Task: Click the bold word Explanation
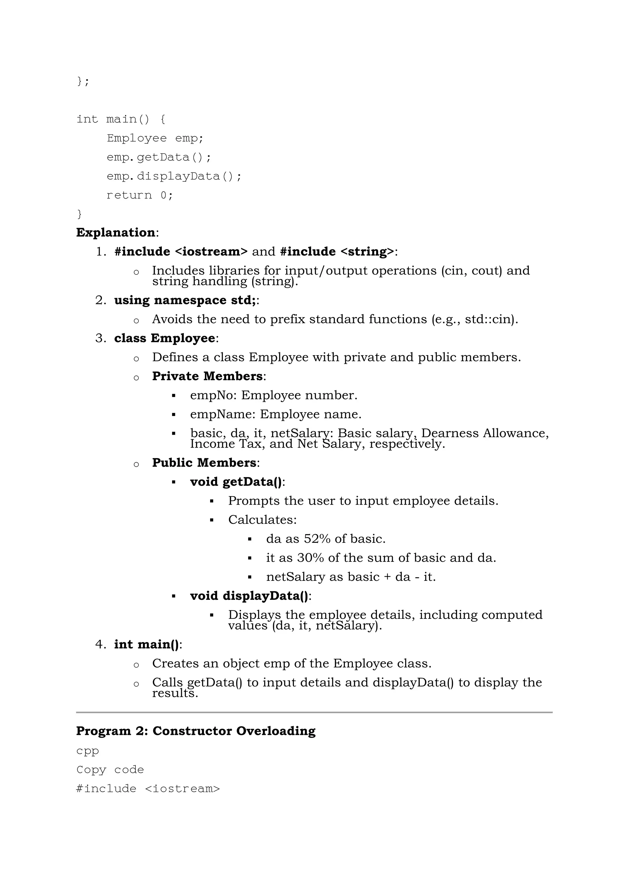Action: tap(116, 232)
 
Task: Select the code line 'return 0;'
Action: tap(139, 195)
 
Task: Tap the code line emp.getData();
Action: tap(159, 157)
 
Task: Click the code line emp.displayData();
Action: tap(174, 176)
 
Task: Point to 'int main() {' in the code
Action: tap(121, 119)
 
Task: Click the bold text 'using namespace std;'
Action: tap(185, 300)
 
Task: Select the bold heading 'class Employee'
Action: tap(165, 338)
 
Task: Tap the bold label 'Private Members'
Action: tap(207, 376)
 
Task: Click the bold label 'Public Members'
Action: tap(204, 462)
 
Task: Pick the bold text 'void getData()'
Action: tap(236, 482)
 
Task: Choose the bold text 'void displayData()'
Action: tap(249, 596)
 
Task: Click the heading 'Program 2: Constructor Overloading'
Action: tap(196, 731)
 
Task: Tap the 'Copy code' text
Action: tap(110, 769)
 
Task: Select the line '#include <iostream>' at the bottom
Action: tap(148, 788)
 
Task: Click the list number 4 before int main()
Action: tap(100, 644)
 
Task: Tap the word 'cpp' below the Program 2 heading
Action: tap(88, 751)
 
